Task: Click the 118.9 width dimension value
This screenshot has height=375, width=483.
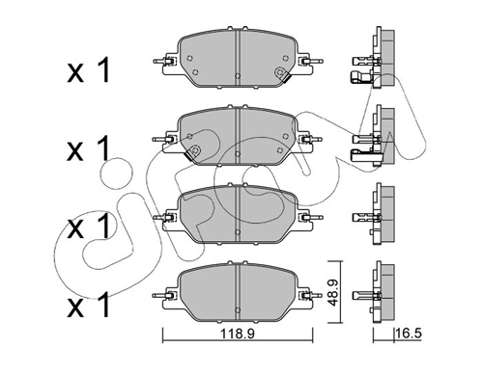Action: (x=238, y=334)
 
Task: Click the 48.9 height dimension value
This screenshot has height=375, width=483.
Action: (x=333, y=293)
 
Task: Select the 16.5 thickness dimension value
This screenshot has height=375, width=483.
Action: (x=409, y=334)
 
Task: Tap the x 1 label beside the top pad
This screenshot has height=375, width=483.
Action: (x=89, y=70)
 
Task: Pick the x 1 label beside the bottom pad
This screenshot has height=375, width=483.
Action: (x=89, y=305)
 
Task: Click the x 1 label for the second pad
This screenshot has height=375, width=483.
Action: (x=89, y=148)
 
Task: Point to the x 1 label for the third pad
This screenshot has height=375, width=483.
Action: (x=89, y=227)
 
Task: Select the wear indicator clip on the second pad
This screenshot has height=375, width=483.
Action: (x=193, y=151)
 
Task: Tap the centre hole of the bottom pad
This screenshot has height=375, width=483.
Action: (x=238, y=310)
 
